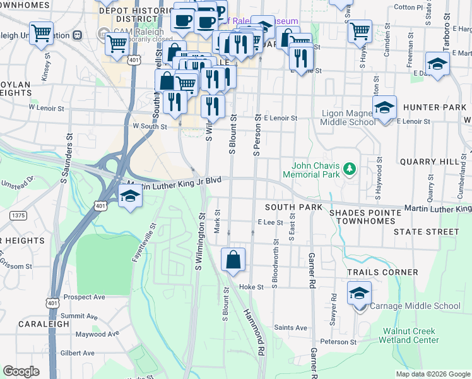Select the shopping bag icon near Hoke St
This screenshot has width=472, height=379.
pos(233,260)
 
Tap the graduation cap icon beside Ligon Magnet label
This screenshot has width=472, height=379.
pos(384,108)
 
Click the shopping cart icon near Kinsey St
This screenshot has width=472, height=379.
pos(41,33)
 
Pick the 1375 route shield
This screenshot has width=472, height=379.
pos(18,215)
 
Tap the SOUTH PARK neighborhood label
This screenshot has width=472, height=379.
pos(293,207)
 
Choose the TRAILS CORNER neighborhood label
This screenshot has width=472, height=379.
pos(382,272)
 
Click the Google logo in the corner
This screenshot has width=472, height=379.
pos(21,371)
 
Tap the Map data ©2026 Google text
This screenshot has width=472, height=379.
pos(432,374)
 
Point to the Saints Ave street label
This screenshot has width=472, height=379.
pos(291,328)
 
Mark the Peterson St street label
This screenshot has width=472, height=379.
pos(338,342)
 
